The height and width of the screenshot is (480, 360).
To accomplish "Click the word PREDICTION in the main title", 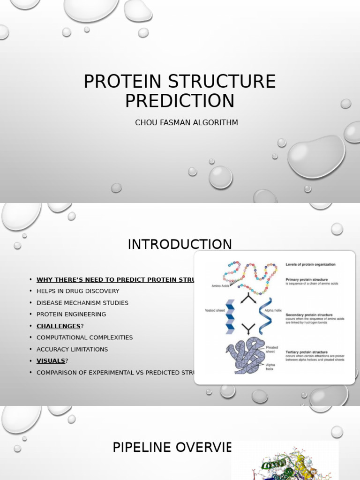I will pos(180,101).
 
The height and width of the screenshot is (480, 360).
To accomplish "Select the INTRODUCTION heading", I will pos(180,244).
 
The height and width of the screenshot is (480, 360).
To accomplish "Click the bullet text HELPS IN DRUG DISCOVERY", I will pos(78,291).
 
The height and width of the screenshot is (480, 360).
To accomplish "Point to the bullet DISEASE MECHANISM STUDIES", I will pos(82,303).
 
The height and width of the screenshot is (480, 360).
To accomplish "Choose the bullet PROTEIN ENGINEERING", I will pos(71,315).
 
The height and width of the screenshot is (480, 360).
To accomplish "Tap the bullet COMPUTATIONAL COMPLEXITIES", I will pos(85,337).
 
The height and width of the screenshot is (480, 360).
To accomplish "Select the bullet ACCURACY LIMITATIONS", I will pos(72,349).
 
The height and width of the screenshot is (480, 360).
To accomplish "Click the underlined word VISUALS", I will pos(51,361).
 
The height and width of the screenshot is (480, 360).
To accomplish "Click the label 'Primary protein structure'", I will pos(307,279).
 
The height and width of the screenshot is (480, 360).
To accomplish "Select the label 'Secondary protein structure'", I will pos(309,315).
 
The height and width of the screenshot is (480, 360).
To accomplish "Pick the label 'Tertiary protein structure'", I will pos(307,352).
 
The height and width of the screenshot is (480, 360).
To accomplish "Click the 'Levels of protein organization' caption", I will pos(311,264).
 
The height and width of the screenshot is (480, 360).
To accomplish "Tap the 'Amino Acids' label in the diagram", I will pos(219,285).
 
